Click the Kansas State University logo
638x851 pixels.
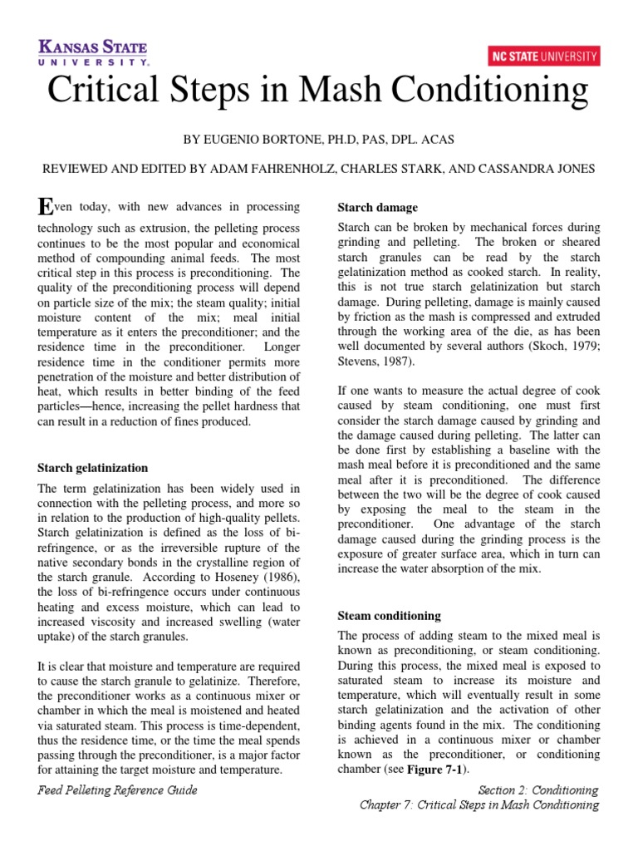click(93, 51)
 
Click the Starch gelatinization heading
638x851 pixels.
click(93, 469)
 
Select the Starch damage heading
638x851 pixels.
click(377, 207)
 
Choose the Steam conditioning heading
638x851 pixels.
click(389, 616)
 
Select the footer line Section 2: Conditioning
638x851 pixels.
click(538, 790)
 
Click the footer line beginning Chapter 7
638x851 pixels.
click(478, 805)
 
